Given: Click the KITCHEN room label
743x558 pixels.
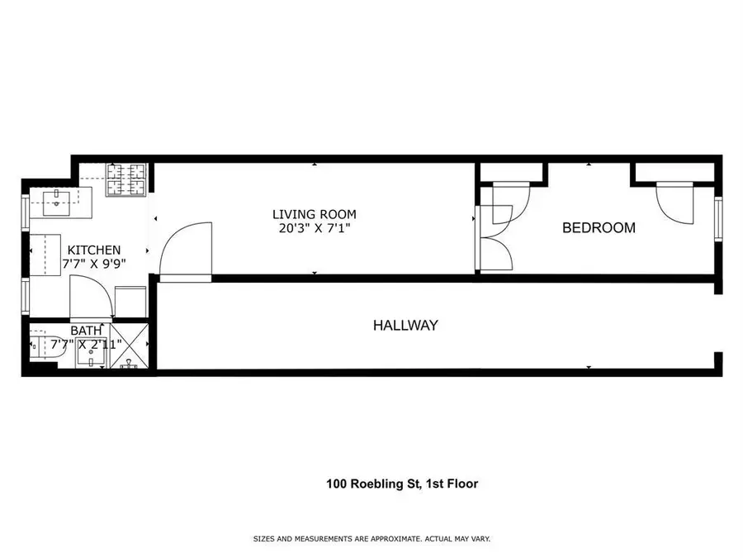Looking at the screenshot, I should (x=94, y=250).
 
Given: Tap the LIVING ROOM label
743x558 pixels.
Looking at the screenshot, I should (x=315, y=215).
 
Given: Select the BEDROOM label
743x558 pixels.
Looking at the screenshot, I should (x=599, y=228).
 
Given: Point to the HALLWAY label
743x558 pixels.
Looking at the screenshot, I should (x=405, y=326).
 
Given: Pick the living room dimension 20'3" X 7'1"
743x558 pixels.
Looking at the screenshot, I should (x=315, y=229).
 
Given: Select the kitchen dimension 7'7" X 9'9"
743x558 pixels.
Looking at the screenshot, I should (x=93, y=264).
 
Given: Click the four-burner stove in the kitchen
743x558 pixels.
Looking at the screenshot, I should (x=125, y=179).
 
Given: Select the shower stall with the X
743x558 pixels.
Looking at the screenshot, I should (x=129, y=346).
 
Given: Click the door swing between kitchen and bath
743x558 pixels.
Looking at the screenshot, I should (x=89, y=298).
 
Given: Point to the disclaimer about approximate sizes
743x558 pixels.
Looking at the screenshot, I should (x=371, y=539).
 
